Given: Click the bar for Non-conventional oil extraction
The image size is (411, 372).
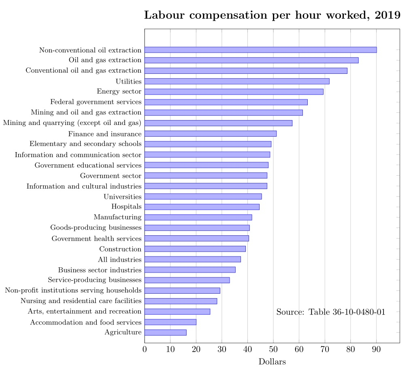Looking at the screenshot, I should pyautogui.click(x=260, y=50).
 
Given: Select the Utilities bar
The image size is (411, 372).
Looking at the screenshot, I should pyautogui.click(x=237, y=81).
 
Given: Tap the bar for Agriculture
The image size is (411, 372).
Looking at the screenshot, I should pyautogui.click(x=165, y=333).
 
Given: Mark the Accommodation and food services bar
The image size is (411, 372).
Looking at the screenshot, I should pyautogui.click(x=170, y=322).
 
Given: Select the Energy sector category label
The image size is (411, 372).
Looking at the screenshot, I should pyautogui.click(x=119, y=91).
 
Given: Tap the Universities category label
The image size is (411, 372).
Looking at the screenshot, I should pyautogui.click(x=123, y=197).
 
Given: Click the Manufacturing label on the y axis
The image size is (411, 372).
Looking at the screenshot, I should pyautogui.click(x=117, y=217).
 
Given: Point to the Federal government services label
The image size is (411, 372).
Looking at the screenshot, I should pyautogui.click(x=96, y=102).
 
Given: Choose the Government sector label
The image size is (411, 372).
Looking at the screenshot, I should pyautogui.click(x=111, y=176).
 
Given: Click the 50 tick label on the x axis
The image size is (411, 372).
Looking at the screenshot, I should pyautogui.click(x=273, y=349).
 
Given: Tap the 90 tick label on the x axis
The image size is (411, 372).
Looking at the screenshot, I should pyautogui.click(x=377, y=349).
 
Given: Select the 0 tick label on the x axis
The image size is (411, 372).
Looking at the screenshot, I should pyautogui.click(x=145, y=349).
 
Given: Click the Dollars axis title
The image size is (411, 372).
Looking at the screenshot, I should pyautogui.click(x=272, y=362).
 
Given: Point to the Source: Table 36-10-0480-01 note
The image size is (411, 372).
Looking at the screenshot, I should pyautogui.click(x=330, y=312).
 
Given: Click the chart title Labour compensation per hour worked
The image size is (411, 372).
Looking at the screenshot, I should pyautogui.click(x=272, y=15).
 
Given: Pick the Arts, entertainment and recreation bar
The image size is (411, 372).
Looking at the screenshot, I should pyautogui.click(x=177, y=312).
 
